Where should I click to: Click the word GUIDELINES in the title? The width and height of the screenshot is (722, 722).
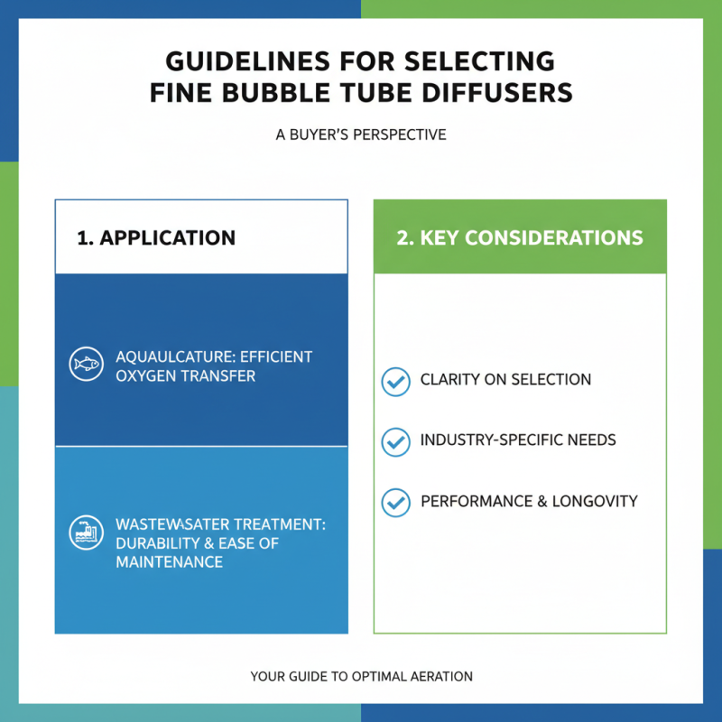(247, 61)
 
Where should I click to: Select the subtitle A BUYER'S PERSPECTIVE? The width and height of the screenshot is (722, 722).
(361, 134)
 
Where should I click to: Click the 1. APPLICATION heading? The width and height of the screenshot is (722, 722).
(156, 237)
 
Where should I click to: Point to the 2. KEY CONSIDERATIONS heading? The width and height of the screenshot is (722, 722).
(520, 237)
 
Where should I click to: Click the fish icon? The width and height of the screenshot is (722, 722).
(86, 364)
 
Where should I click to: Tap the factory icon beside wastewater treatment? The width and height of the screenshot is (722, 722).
(86, 532)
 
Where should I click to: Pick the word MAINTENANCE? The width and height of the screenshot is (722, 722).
(170, 562)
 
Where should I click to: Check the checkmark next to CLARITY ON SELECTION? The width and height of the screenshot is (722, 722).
(395, 382)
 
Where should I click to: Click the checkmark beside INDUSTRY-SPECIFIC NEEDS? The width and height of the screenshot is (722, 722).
(395, 442)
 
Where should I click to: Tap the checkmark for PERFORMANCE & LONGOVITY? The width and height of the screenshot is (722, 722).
(395, 503)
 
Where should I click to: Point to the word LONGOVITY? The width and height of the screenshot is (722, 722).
(595, 501)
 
